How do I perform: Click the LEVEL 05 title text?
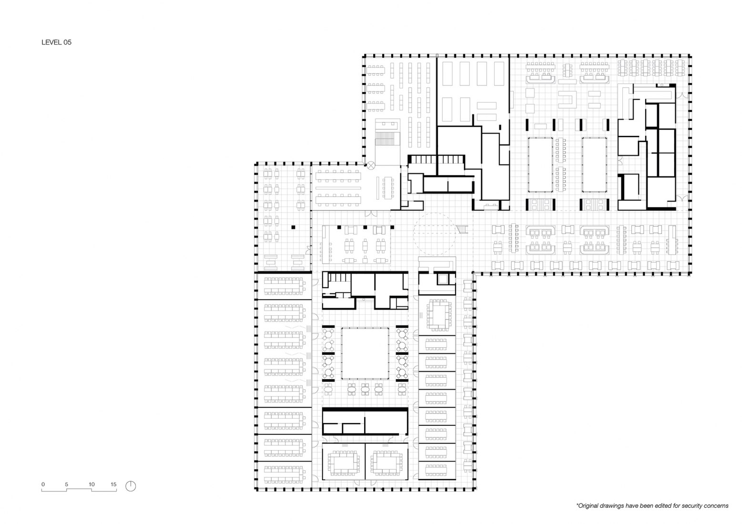(56, 42)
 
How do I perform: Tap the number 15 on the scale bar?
(113, 484)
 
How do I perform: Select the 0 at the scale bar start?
(43, 484)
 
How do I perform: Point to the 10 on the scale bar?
(91, 484)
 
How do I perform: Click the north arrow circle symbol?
(131, 486)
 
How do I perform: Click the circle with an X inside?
(370, 165)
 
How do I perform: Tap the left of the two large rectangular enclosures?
(540, 164)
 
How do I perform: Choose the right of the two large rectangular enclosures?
(594, 164)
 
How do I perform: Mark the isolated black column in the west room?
(295, 227)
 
